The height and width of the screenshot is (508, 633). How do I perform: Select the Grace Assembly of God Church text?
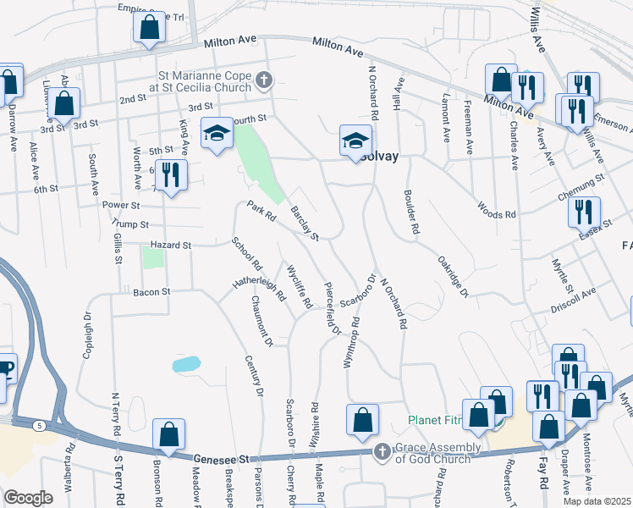[x=431, y=458]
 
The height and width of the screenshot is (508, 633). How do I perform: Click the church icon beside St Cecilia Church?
[x=264, y=81]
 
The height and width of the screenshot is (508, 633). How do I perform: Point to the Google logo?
[x=28, y=497]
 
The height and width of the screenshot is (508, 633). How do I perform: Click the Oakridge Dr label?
[x=453, y=276]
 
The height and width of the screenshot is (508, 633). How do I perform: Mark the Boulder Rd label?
[x=413, y=218]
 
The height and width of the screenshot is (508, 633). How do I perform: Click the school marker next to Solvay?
[x=356, y=140]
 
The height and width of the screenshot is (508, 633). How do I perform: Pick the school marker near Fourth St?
[x=217, y=133]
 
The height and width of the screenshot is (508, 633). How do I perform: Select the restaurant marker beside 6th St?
[x=171, y=176]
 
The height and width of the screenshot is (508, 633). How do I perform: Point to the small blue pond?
[x=186, y=365]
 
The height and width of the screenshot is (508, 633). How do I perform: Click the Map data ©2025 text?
[x=597, y=500]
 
